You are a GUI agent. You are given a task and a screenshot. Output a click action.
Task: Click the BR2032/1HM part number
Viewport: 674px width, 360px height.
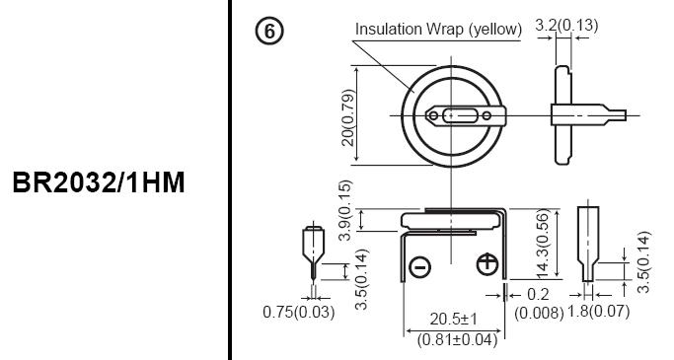pos(99,182)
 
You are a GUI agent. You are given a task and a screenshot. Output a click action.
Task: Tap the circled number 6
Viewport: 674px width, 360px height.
pos(269,32)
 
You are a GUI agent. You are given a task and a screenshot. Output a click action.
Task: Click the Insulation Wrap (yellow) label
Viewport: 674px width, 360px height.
pos(438,30)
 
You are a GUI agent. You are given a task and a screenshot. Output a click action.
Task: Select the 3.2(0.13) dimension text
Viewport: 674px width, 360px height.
pos(566,26)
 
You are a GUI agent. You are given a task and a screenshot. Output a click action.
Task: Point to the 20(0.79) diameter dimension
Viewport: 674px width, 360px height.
pos(348,117)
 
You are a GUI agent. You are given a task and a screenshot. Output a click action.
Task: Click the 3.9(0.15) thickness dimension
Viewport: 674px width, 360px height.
pos(345,210)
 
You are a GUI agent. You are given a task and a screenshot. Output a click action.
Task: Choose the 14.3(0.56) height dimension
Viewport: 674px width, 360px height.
pos(543,244)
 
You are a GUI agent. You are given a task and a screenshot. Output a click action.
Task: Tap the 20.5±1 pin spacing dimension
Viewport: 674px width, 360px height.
pos(453,320)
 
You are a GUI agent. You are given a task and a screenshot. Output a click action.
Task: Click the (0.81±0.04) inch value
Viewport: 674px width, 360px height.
pos(457,340)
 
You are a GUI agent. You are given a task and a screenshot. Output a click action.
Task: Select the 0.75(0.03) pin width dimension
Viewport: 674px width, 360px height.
pos(299,312)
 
